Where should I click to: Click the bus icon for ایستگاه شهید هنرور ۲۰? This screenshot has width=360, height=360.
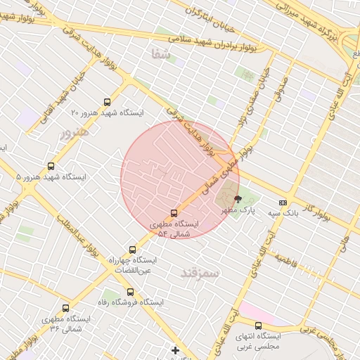click(107, 101)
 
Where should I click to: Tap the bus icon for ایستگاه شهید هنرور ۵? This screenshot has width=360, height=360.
click(51, 166)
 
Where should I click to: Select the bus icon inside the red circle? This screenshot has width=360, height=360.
click(174, 213)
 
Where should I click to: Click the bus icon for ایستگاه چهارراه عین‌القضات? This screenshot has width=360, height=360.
click(133, 249)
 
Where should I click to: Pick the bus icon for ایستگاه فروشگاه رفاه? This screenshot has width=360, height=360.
click(129, 291)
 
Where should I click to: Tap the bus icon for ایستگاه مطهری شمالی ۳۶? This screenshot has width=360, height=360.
click(66, 308)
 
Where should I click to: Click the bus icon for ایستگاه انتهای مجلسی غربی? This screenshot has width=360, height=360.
click(258, 326)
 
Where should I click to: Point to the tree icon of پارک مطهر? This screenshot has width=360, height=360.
click(238, 199)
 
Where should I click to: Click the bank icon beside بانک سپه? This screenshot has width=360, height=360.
click(283, 202)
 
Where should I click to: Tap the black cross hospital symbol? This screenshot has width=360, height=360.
click(175, 349)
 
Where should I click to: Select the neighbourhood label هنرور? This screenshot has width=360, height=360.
click(75, 131)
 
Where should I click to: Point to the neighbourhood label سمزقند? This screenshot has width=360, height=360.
click(200, 272)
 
